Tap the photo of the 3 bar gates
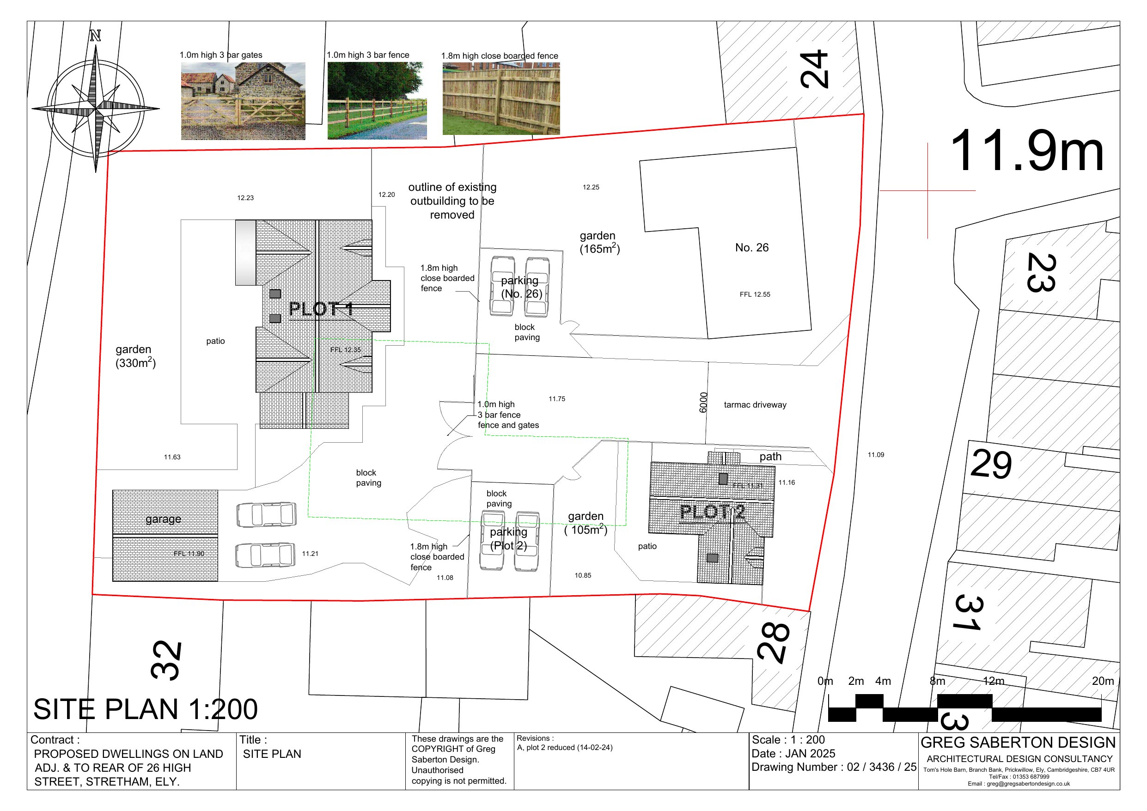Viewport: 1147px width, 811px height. click(243, 101)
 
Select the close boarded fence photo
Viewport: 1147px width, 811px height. click(501, 98)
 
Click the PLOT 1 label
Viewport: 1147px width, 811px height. click(321, 309)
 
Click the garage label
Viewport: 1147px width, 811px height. click(163, 519)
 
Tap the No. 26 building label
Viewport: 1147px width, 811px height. click(752, 247)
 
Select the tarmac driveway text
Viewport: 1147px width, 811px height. click(755, 405)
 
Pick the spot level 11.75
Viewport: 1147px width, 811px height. click(557, 399)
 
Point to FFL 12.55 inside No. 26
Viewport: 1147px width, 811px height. click(755, 294)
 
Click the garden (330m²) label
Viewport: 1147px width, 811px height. click(135, 356)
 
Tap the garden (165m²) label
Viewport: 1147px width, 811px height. click(599, 242)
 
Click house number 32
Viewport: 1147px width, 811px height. click(166, 660)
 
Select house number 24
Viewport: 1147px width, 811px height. click(814, 69)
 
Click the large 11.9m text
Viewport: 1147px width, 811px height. click(1026, 151)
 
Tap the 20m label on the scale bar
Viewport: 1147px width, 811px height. click(1103, 681)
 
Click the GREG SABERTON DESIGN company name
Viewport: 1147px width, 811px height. click(1018, 743)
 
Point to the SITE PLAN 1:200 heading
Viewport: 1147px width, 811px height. click(146, 709)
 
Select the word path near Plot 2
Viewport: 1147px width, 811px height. click(770, 457)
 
